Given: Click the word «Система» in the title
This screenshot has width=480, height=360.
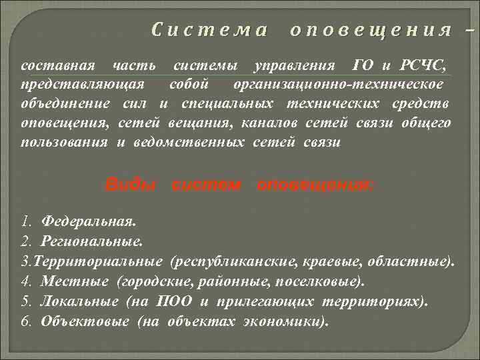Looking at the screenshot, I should coord(209,30).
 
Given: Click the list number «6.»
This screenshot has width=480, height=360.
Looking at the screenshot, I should coord(27,321).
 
